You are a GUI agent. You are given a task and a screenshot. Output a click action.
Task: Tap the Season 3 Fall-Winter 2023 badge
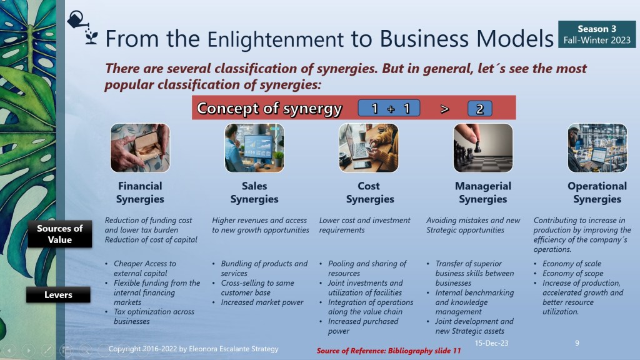[x=597, y=34]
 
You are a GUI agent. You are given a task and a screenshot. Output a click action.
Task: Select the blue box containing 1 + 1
[x=389, y=108]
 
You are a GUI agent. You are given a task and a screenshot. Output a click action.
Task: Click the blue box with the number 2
[x=479, y=109]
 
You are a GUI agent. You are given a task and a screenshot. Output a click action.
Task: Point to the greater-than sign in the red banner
[x=445, y=109]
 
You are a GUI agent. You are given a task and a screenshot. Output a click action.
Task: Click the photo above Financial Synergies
[x=140, y=147]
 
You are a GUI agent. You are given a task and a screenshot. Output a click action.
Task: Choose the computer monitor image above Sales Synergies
[x=254, y=147]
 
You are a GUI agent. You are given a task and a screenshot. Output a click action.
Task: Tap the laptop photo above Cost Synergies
[x=369, y=147]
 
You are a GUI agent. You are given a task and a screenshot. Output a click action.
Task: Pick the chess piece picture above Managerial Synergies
[x=483, y=147]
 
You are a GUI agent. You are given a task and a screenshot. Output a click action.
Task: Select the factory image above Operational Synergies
[x=597, y=147]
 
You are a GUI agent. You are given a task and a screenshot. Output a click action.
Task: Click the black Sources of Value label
[x=59, y=234]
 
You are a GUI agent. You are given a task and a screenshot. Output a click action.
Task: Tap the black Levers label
[x=58, y=295]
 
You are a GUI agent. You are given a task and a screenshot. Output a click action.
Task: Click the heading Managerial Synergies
[x=483, y=192]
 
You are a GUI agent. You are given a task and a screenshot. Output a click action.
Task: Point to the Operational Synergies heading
[x=597, y=192]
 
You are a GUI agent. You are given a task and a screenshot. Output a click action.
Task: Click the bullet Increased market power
[x=262, y=302]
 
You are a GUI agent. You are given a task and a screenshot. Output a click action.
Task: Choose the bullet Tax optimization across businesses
[x=154, y=316]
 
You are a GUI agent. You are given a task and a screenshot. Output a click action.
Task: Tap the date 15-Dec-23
[x=491, y=343]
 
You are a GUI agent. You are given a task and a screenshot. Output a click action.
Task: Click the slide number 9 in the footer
[x=577, y=343]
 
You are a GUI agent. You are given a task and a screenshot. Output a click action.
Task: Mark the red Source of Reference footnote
[x=389, y=351]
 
